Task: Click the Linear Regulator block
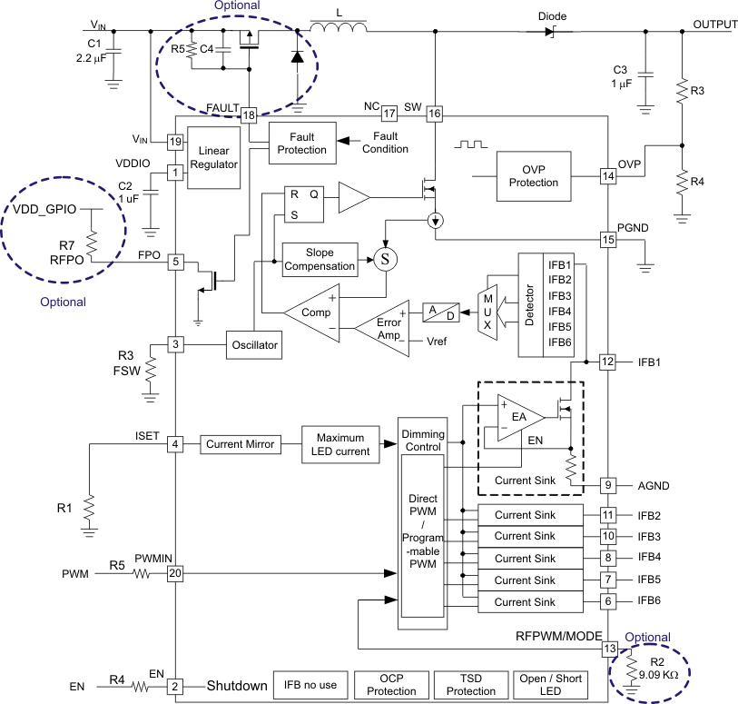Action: (214, 157)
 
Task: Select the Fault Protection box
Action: (301, 143)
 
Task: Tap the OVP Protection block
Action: (533, 175)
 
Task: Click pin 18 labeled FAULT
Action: (249, 114)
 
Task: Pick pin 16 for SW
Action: (435, 114)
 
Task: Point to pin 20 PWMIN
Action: (176, 573)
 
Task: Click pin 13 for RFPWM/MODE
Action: (609, 649)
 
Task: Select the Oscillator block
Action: (253, 344)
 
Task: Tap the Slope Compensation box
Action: (319, 260)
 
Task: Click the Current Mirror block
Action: (237, 444)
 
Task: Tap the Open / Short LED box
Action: (551, 685)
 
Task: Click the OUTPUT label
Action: (714, 25)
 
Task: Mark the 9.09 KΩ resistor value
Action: (658, 675)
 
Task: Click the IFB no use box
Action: (310, 685)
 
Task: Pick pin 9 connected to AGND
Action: (609, 485)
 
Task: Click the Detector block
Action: (530, 304)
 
